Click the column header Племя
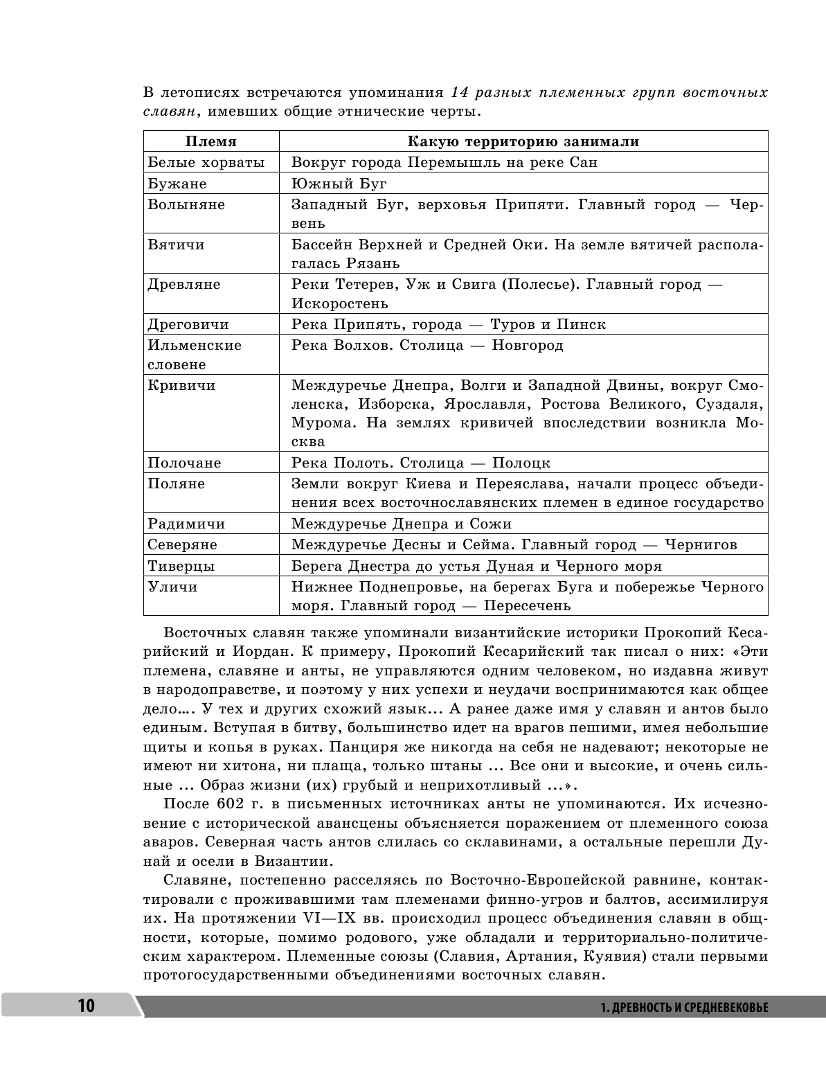211,141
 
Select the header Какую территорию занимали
523,141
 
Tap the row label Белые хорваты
206,163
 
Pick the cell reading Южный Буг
339,184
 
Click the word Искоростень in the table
340,303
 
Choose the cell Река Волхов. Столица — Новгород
427,345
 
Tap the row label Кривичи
181,386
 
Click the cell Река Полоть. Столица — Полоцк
421,463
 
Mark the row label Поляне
177,483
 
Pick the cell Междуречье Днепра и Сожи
402,524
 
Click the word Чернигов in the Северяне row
701,545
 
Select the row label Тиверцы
181,566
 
